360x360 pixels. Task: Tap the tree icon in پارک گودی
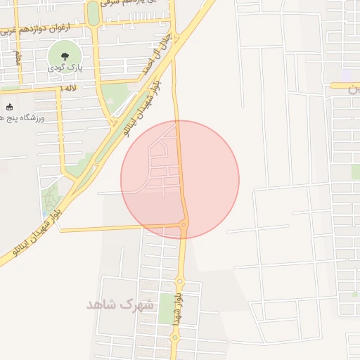(62, 55)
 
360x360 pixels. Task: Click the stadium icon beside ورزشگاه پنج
(9, 108)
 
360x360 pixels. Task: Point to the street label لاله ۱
(67, 88)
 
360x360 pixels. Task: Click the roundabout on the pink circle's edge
(184, 224)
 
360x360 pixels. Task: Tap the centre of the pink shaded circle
(180, 180)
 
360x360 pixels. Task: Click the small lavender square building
(348, 75)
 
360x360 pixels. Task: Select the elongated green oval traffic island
(92, 13)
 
